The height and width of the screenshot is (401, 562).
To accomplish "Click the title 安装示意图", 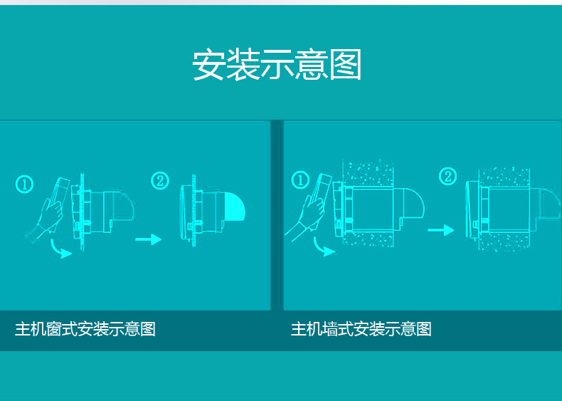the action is click(x=277, y=65).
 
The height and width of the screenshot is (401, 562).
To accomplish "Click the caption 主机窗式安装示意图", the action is click(x=85, y=329).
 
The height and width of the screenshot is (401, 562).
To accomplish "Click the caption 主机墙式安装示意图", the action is click(x=361, y=329).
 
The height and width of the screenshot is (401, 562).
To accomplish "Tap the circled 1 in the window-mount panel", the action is click(x=24, y=184).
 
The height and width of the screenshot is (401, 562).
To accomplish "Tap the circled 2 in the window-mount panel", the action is click(x=160, y=181).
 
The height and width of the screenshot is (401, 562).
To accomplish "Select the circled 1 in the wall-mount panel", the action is click(x=300, y=180).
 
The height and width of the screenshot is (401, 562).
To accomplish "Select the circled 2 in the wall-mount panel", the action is click(x=447, y=176).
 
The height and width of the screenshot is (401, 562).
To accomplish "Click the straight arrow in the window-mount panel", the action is click(x=149, y=239).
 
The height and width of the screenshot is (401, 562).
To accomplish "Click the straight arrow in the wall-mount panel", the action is click(x=441, y=230).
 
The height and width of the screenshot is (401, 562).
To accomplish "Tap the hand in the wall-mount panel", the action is click(x=308, y=215).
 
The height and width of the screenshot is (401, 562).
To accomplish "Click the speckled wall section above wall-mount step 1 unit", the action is click(x=369, y=174).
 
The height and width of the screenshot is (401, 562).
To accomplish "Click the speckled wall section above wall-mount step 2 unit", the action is click(x=504, y=177).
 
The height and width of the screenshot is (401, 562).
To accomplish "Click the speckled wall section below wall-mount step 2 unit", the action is click(x=504, y=241).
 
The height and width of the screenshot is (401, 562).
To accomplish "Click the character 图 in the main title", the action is click(x=346, y=65).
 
